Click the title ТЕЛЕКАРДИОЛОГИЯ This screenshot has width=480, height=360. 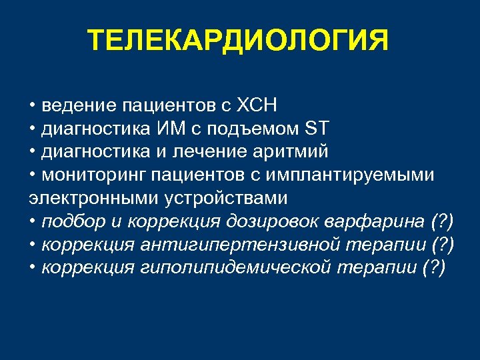click(x=238, y=41)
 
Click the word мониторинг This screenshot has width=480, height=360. click(x=93, y=175)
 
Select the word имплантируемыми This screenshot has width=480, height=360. click(x=361, y=175)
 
